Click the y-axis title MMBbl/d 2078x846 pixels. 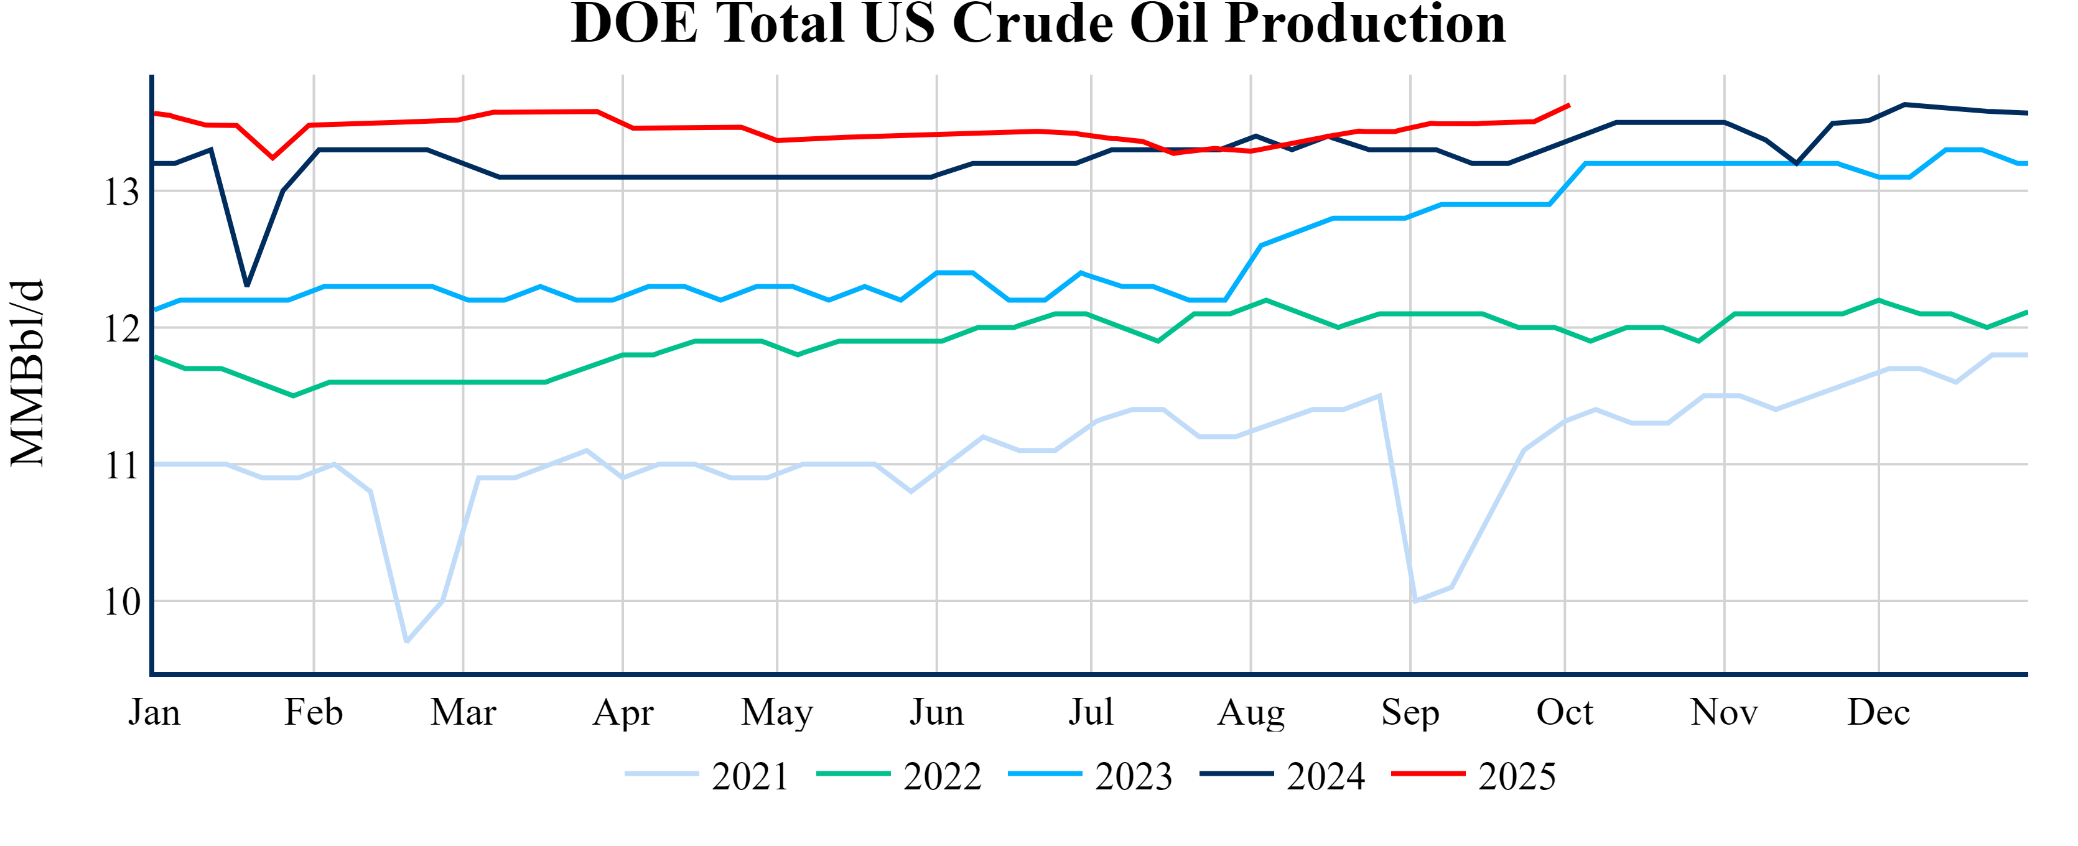coord(27,373)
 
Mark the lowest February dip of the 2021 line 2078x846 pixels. coord(406,642)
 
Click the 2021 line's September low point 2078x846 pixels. coord(1415,601)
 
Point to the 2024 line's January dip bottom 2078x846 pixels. coord(247,286)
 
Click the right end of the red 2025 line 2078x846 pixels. coord(1568,105)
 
